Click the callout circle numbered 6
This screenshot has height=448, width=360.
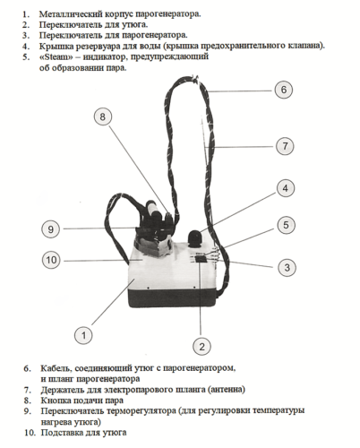[284, 90]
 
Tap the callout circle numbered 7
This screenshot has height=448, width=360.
[285, 146]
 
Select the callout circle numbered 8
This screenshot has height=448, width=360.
[103, 116]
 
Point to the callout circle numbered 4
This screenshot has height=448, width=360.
[286, 188]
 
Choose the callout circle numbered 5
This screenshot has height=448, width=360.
[286, 225]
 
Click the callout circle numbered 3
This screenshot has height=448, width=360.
[287, 267]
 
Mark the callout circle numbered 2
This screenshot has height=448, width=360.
[201, 347]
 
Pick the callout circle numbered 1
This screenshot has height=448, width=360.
[83, 335]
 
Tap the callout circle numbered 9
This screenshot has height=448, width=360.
[50, 229]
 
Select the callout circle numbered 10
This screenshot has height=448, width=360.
[51, 260]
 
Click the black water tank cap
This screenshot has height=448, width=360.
[195, 238]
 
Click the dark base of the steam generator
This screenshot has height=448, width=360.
[173, 297]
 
